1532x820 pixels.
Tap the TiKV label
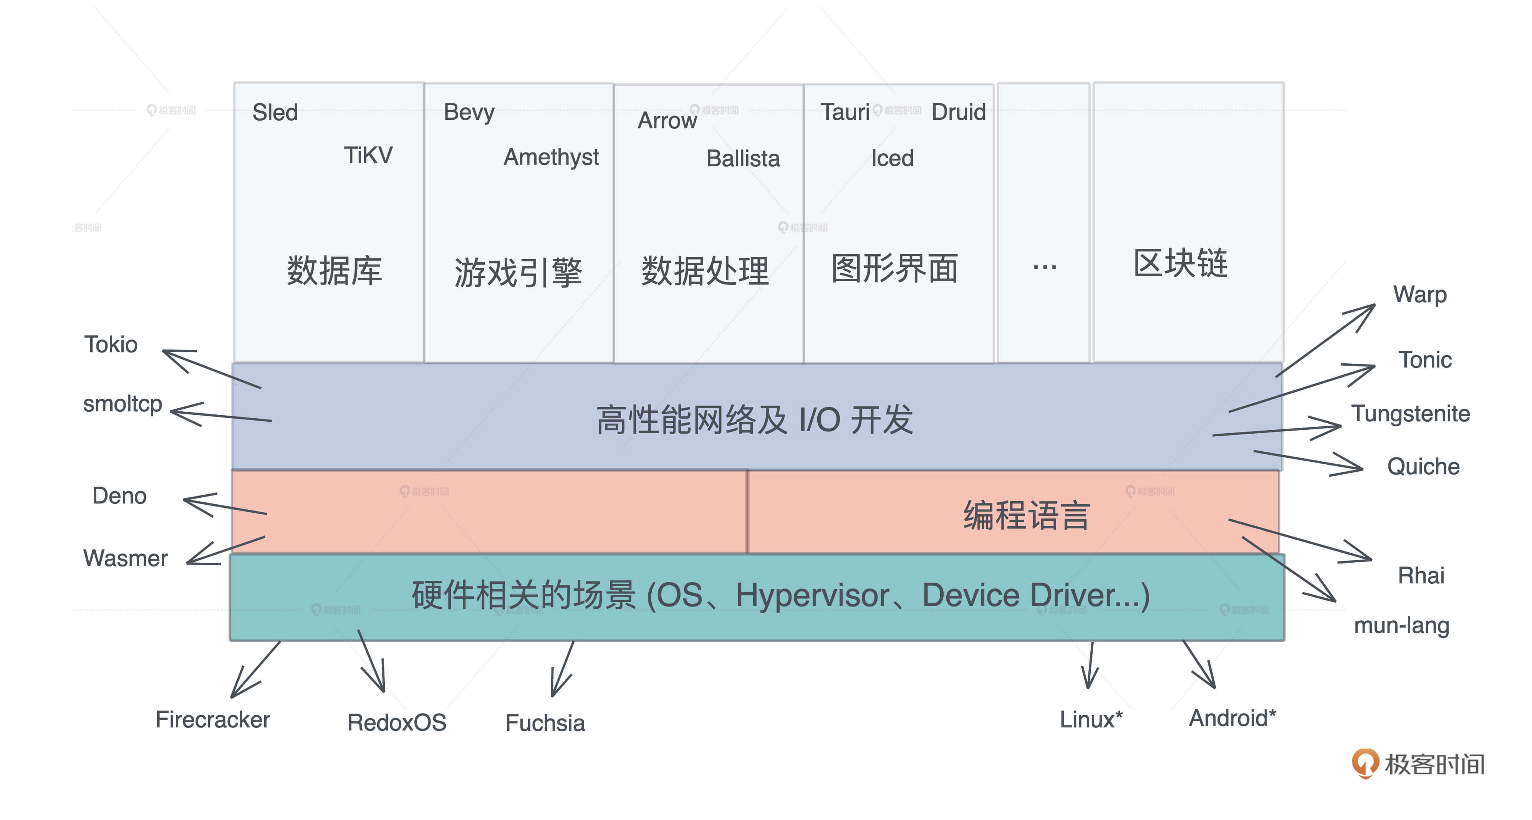click(x=368, y=155)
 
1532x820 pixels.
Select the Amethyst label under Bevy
click(x=551, y=157)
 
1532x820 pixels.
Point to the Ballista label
click(x=743, y=158)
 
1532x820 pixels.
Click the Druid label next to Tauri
click(x=959, y=112)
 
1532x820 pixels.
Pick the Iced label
click(x=892, y=158)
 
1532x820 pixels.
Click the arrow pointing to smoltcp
click(x=221, y=414)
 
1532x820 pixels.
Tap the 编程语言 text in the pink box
click(x=1027, y=515)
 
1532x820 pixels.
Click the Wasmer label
click(x=126, y=558)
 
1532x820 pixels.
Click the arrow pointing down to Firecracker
click(x=255, y=669)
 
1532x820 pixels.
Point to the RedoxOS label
click(x=397, y=722)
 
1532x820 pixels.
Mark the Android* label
click(x=1232, y=718)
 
